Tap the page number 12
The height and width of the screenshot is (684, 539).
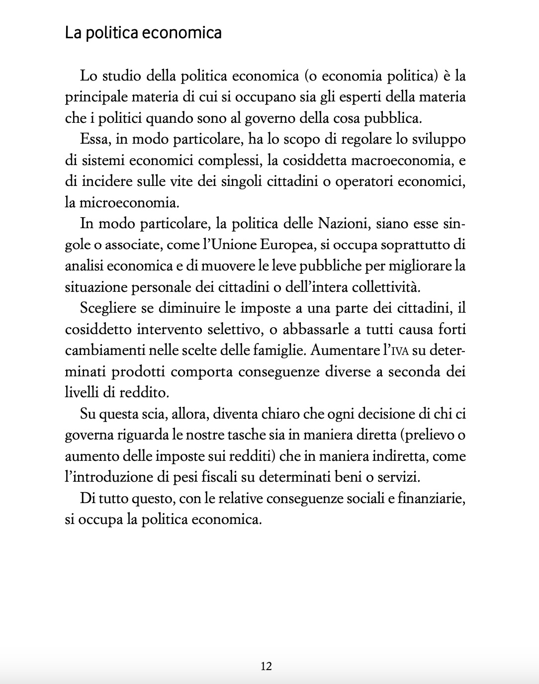click(x=266, y=666)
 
